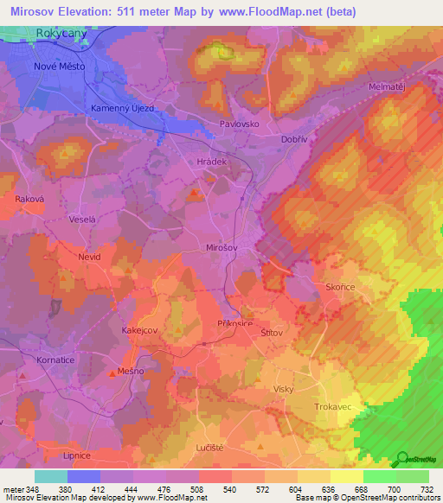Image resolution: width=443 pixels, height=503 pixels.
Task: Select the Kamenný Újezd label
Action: [123, 108]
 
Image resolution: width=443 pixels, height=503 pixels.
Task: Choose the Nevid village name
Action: [89, 258]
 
